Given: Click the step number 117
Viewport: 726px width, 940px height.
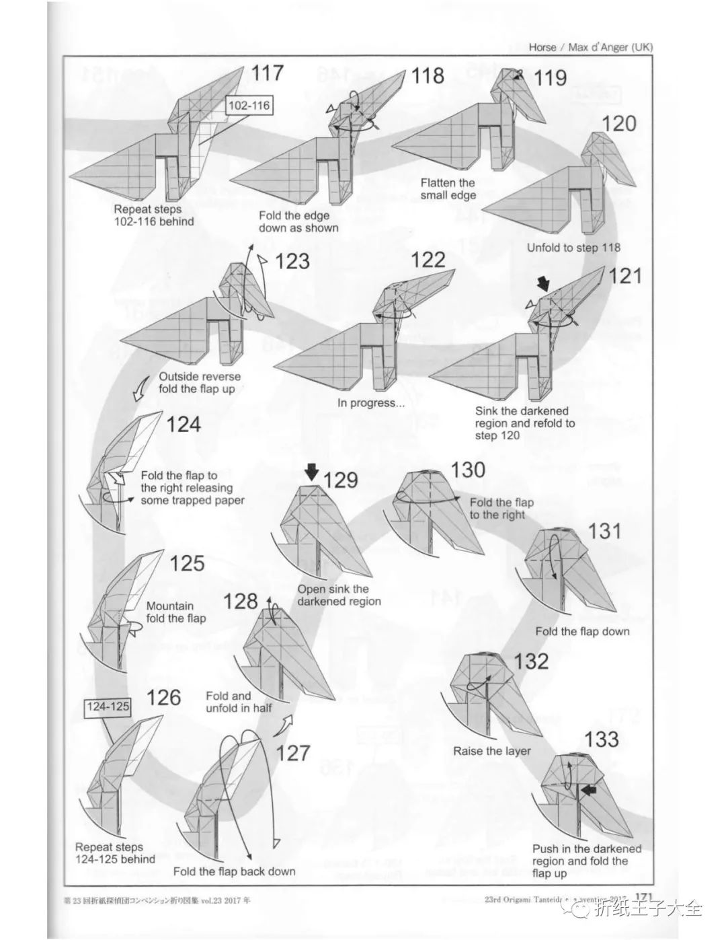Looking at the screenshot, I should (x=267, y=73).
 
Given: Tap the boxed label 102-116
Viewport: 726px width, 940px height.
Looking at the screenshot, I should (x=249, y=106).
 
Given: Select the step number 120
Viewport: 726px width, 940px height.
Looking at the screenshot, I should (x=618, y=124).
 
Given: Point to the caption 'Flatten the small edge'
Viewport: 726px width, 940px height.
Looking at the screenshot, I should (x=448, y=188).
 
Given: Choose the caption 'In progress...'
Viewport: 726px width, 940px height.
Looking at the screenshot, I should (x=371, y=403).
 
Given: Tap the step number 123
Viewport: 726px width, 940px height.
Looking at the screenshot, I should (x=292, y=261).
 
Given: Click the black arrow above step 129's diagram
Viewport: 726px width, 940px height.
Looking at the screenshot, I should (x=311, y=472).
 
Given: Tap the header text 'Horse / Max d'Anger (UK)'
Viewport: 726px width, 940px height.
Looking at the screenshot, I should (x=590, y=47).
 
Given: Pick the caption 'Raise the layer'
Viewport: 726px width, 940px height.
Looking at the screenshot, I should (x=491, y=751).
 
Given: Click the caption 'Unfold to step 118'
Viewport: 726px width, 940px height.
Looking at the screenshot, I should (x=573, y=248).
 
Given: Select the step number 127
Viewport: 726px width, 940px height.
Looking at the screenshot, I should (x=292, y=752).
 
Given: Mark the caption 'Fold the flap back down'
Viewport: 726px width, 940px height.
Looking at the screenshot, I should (x=234, y=871).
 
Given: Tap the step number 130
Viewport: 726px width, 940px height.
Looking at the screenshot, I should (x=467, y=469).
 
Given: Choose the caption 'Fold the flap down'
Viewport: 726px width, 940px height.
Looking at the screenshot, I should (x=582, y=631).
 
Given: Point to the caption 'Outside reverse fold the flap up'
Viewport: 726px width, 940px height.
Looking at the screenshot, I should (x=199, y=383).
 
